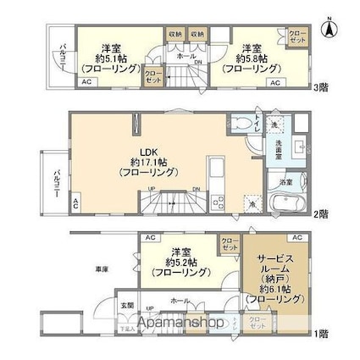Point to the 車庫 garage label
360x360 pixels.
click(101, 269)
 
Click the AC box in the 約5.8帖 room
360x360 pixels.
click(274, 82)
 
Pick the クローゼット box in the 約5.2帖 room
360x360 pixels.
click(230, 244)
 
